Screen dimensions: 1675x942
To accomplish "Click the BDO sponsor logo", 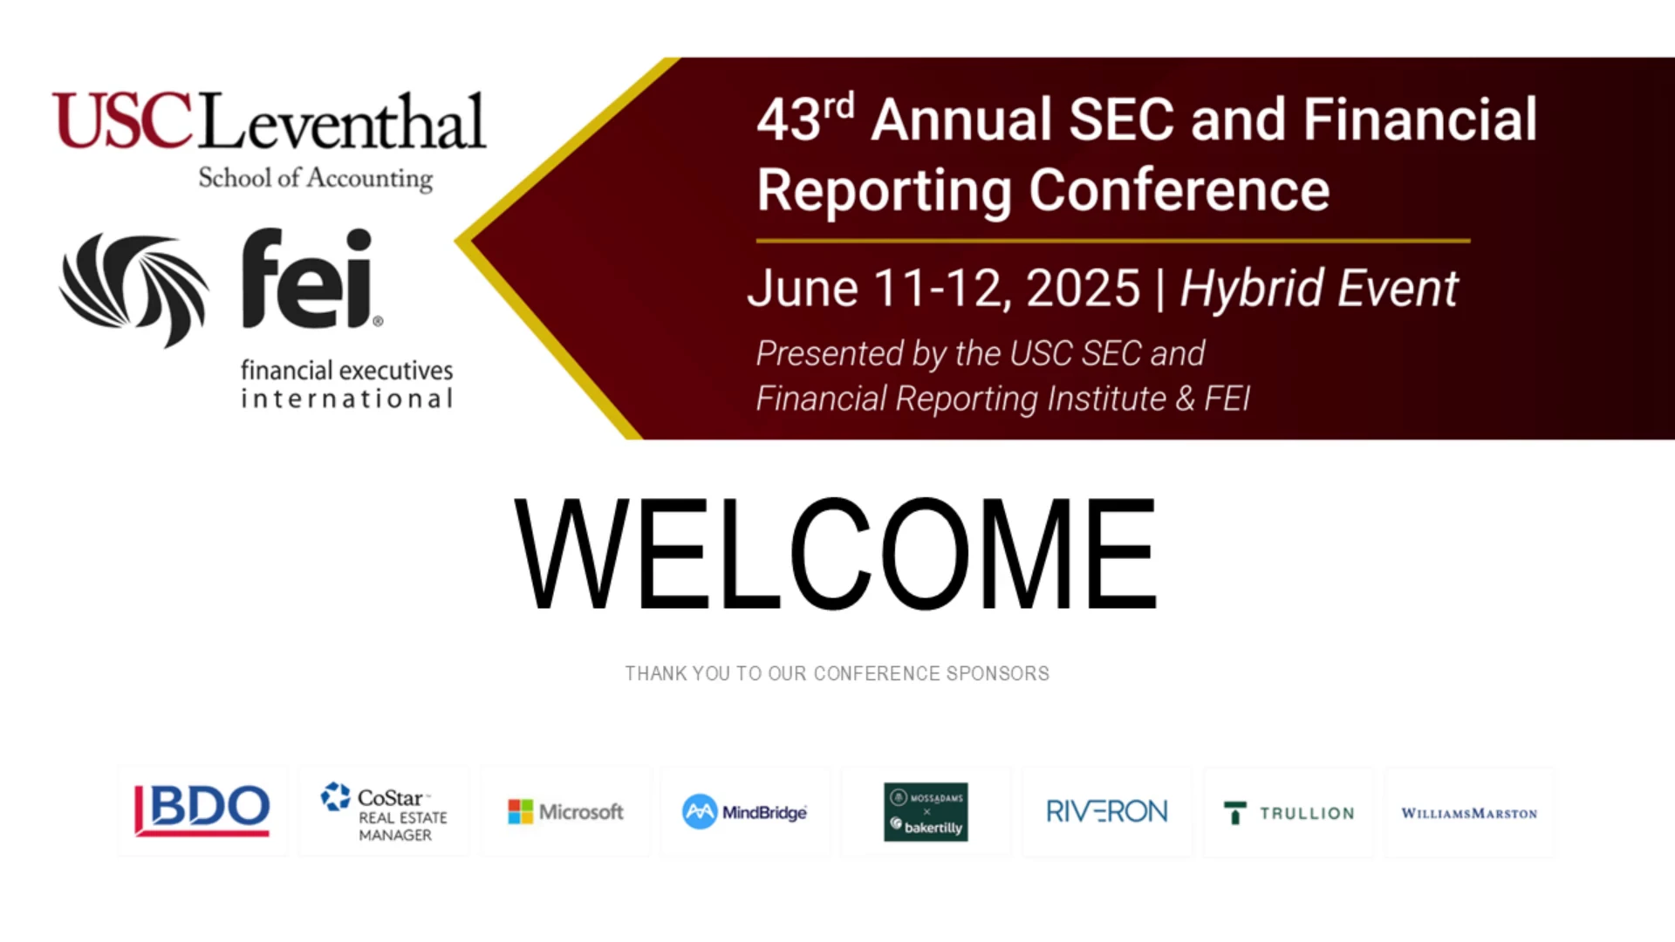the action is [x=202, y=809].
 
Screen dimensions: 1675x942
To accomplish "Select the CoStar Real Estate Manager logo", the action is [x=384, y=812].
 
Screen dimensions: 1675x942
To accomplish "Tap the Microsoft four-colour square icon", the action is [x=520, y=812].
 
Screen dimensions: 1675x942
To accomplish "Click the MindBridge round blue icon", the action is [x=700, y=812].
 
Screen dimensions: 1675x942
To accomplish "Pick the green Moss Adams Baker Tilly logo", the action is [x=926, y=812].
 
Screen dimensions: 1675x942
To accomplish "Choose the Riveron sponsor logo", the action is [x=1106, y=812].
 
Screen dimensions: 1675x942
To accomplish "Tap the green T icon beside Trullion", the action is [x=1235, y=813].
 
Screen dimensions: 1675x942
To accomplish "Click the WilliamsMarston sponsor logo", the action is [x=1469, y=813].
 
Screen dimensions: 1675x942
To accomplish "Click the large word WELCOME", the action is [x=836, y=554].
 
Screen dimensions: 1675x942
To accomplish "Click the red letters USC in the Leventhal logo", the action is [x=122, y=121].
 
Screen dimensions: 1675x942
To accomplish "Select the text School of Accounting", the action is [x=316, y=178].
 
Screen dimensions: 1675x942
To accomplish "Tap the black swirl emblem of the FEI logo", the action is [x=134, y=289].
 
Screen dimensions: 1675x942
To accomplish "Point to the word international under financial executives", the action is [x=347, y=399].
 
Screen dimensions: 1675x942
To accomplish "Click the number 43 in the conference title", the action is [x=789, y=119].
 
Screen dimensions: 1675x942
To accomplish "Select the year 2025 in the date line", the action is [x=1084, y=288].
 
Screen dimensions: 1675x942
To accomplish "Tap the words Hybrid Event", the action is [x=1318, y=289].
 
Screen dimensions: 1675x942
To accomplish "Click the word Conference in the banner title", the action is [x=1179, y=190].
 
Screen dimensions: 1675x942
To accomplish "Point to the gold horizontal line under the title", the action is [x=1113, y=241].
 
